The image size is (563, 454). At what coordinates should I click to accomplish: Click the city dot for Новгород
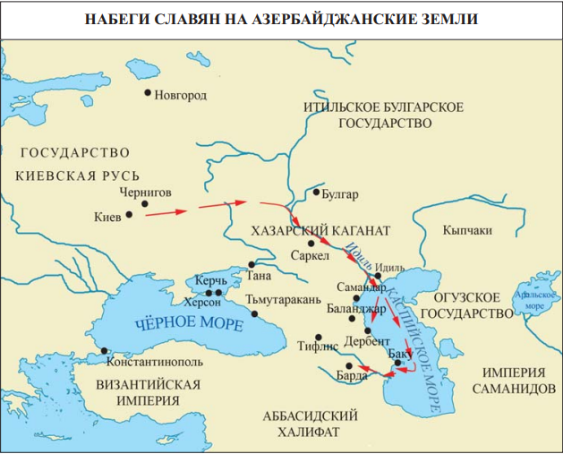click(148, 92)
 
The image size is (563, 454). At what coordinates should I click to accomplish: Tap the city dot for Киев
click(130, 214)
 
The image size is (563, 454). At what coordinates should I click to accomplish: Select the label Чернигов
click(144, 192)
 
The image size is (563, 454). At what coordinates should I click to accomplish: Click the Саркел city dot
click(311, 243)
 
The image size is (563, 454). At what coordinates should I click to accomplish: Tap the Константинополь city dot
click(105, 350)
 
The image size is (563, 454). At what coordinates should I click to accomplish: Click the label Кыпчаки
click(466, 230)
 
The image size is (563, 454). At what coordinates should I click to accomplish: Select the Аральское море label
click(533, 300)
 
